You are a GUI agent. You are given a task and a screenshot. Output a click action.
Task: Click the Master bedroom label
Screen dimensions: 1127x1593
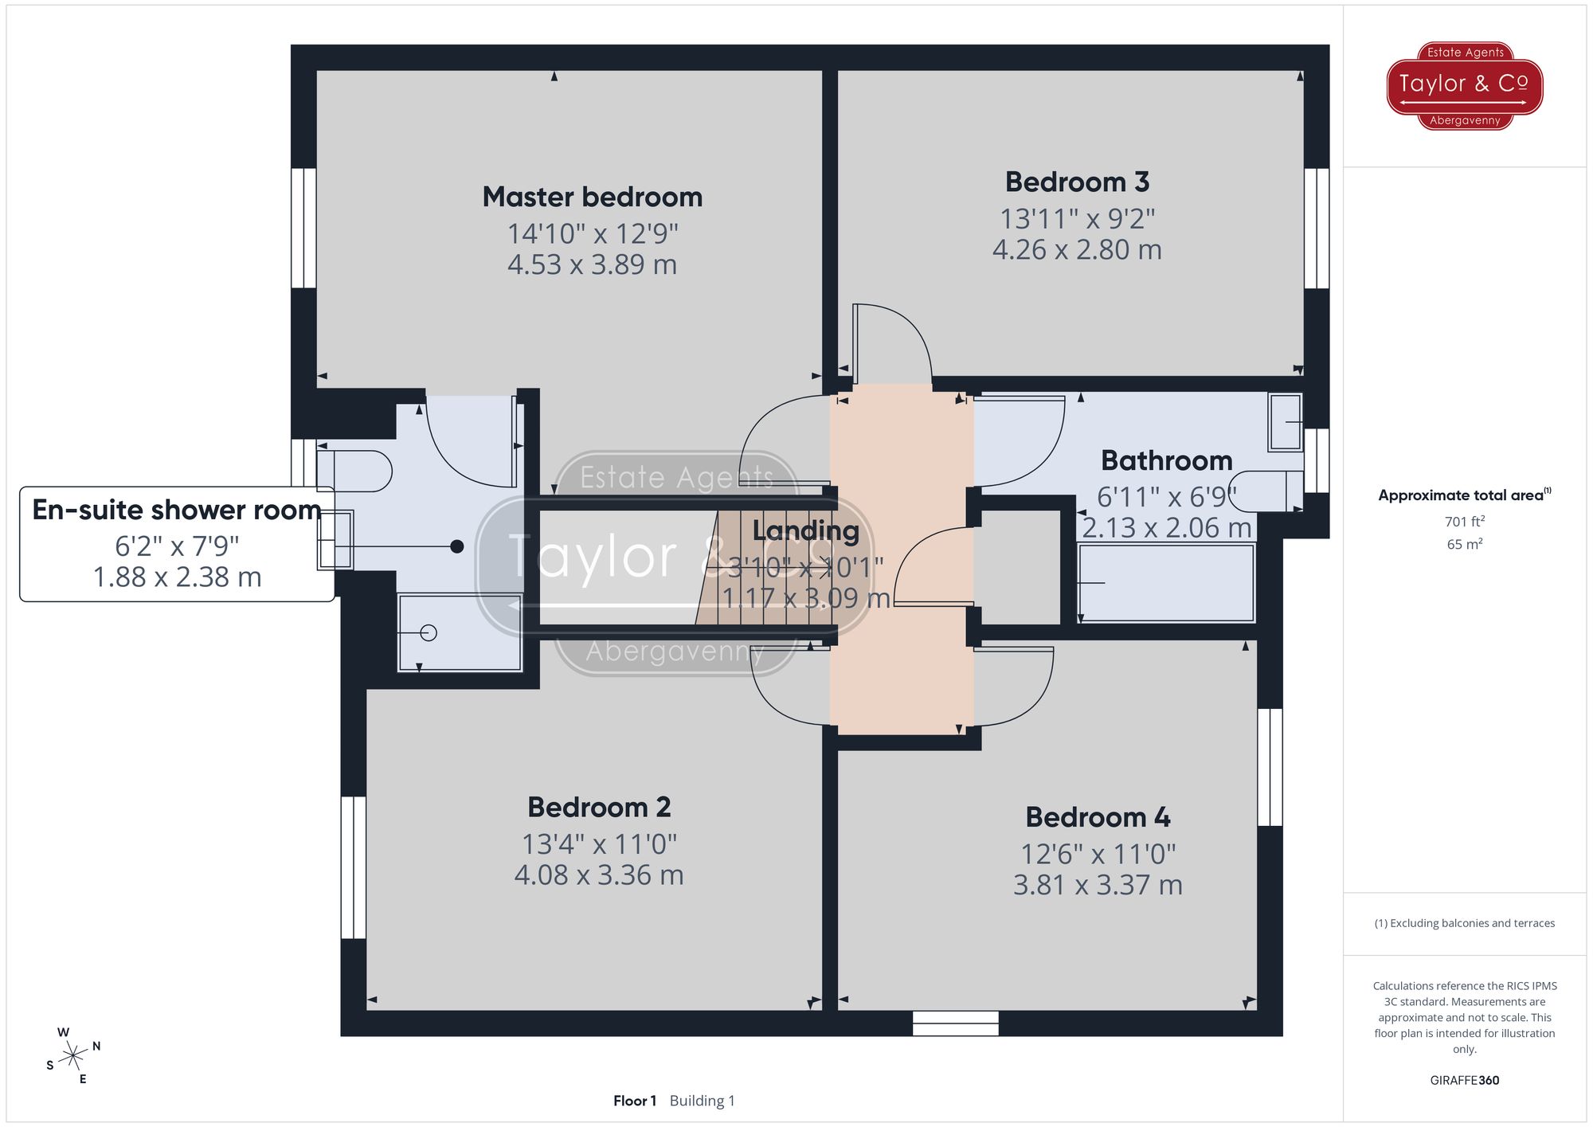coord(592,197)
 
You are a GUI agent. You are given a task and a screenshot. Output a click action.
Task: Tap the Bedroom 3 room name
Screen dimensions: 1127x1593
coord(1077,182)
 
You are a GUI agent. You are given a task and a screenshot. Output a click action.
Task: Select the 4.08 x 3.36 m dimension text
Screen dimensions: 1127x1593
coord(599,875)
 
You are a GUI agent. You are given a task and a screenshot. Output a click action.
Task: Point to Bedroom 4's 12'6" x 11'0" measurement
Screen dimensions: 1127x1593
coord(1098,855)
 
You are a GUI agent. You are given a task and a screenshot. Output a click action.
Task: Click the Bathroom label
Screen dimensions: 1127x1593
coord(1166,460)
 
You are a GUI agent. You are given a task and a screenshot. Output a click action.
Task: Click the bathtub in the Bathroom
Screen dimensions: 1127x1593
coord(1166,583)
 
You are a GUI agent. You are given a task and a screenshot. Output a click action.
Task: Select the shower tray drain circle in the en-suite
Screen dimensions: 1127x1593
coord(429,633)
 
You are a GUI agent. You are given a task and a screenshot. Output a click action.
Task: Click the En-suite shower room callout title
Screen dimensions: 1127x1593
coord(176,510)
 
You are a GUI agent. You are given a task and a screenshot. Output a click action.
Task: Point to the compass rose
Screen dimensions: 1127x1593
coord(73,1056)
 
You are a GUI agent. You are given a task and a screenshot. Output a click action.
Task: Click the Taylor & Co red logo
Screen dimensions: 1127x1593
coord(1464,85)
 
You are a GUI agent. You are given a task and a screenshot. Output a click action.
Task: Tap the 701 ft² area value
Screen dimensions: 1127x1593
coord(1464,522)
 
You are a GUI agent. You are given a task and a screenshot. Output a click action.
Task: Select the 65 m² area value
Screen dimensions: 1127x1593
coord(1464,545)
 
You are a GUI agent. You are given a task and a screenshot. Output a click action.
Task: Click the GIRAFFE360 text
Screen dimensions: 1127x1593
coord(1464,1080)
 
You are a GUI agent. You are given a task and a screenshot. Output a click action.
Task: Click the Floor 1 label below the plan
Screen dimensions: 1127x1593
coord(635,1101)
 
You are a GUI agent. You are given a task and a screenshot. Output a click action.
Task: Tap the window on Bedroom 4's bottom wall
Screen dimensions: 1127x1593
coord(955,1023)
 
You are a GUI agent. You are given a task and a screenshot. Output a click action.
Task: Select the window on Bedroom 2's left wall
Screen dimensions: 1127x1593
coord(353,867)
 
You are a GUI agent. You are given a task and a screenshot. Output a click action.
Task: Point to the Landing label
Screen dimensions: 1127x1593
coord(805,530)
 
